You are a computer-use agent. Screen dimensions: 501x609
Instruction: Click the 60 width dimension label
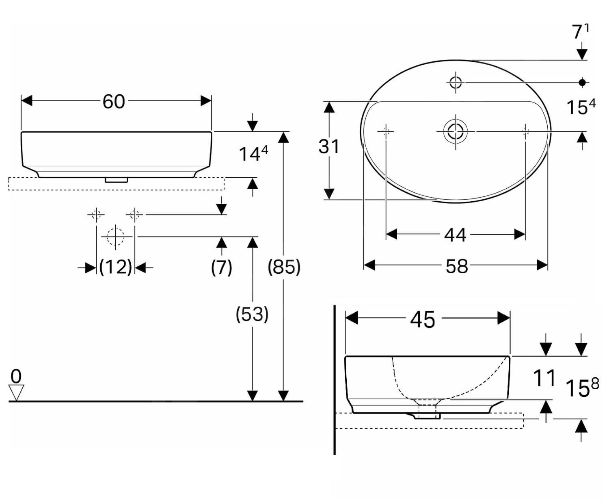(114, 101)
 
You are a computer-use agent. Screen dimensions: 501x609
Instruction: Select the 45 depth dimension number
(423, 319)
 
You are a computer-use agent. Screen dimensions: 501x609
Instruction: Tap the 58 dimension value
(457, 266)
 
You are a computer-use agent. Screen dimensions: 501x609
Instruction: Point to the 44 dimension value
(455, 235)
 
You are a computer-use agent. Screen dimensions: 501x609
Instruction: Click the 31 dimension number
(329, 146)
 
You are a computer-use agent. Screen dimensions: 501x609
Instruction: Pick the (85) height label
(284, 267)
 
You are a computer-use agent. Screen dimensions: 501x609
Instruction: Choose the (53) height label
(252, 314)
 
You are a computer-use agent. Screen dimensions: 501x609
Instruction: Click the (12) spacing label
(116, 267)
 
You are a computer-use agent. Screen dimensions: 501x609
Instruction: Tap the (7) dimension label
(221, 267)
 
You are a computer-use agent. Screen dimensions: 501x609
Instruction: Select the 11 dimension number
(544, 378)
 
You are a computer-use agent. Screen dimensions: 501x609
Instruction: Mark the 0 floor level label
(16, 376)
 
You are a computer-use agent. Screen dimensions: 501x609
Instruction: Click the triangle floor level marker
(16, 392)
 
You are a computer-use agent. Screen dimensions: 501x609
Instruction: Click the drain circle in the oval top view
(456, 131)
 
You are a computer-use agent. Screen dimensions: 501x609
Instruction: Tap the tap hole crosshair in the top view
(456, 83)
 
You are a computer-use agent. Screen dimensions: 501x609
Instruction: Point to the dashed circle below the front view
(115, 236)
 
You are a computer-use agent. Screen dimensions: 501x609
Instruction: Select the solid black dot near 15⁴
(582, 83)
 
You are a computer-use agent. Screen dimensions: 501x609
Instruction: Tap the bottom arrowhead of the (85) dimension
(283, 395)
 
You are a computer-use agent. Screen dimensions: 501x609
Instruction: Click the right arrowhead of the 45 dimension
(504, 318)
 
